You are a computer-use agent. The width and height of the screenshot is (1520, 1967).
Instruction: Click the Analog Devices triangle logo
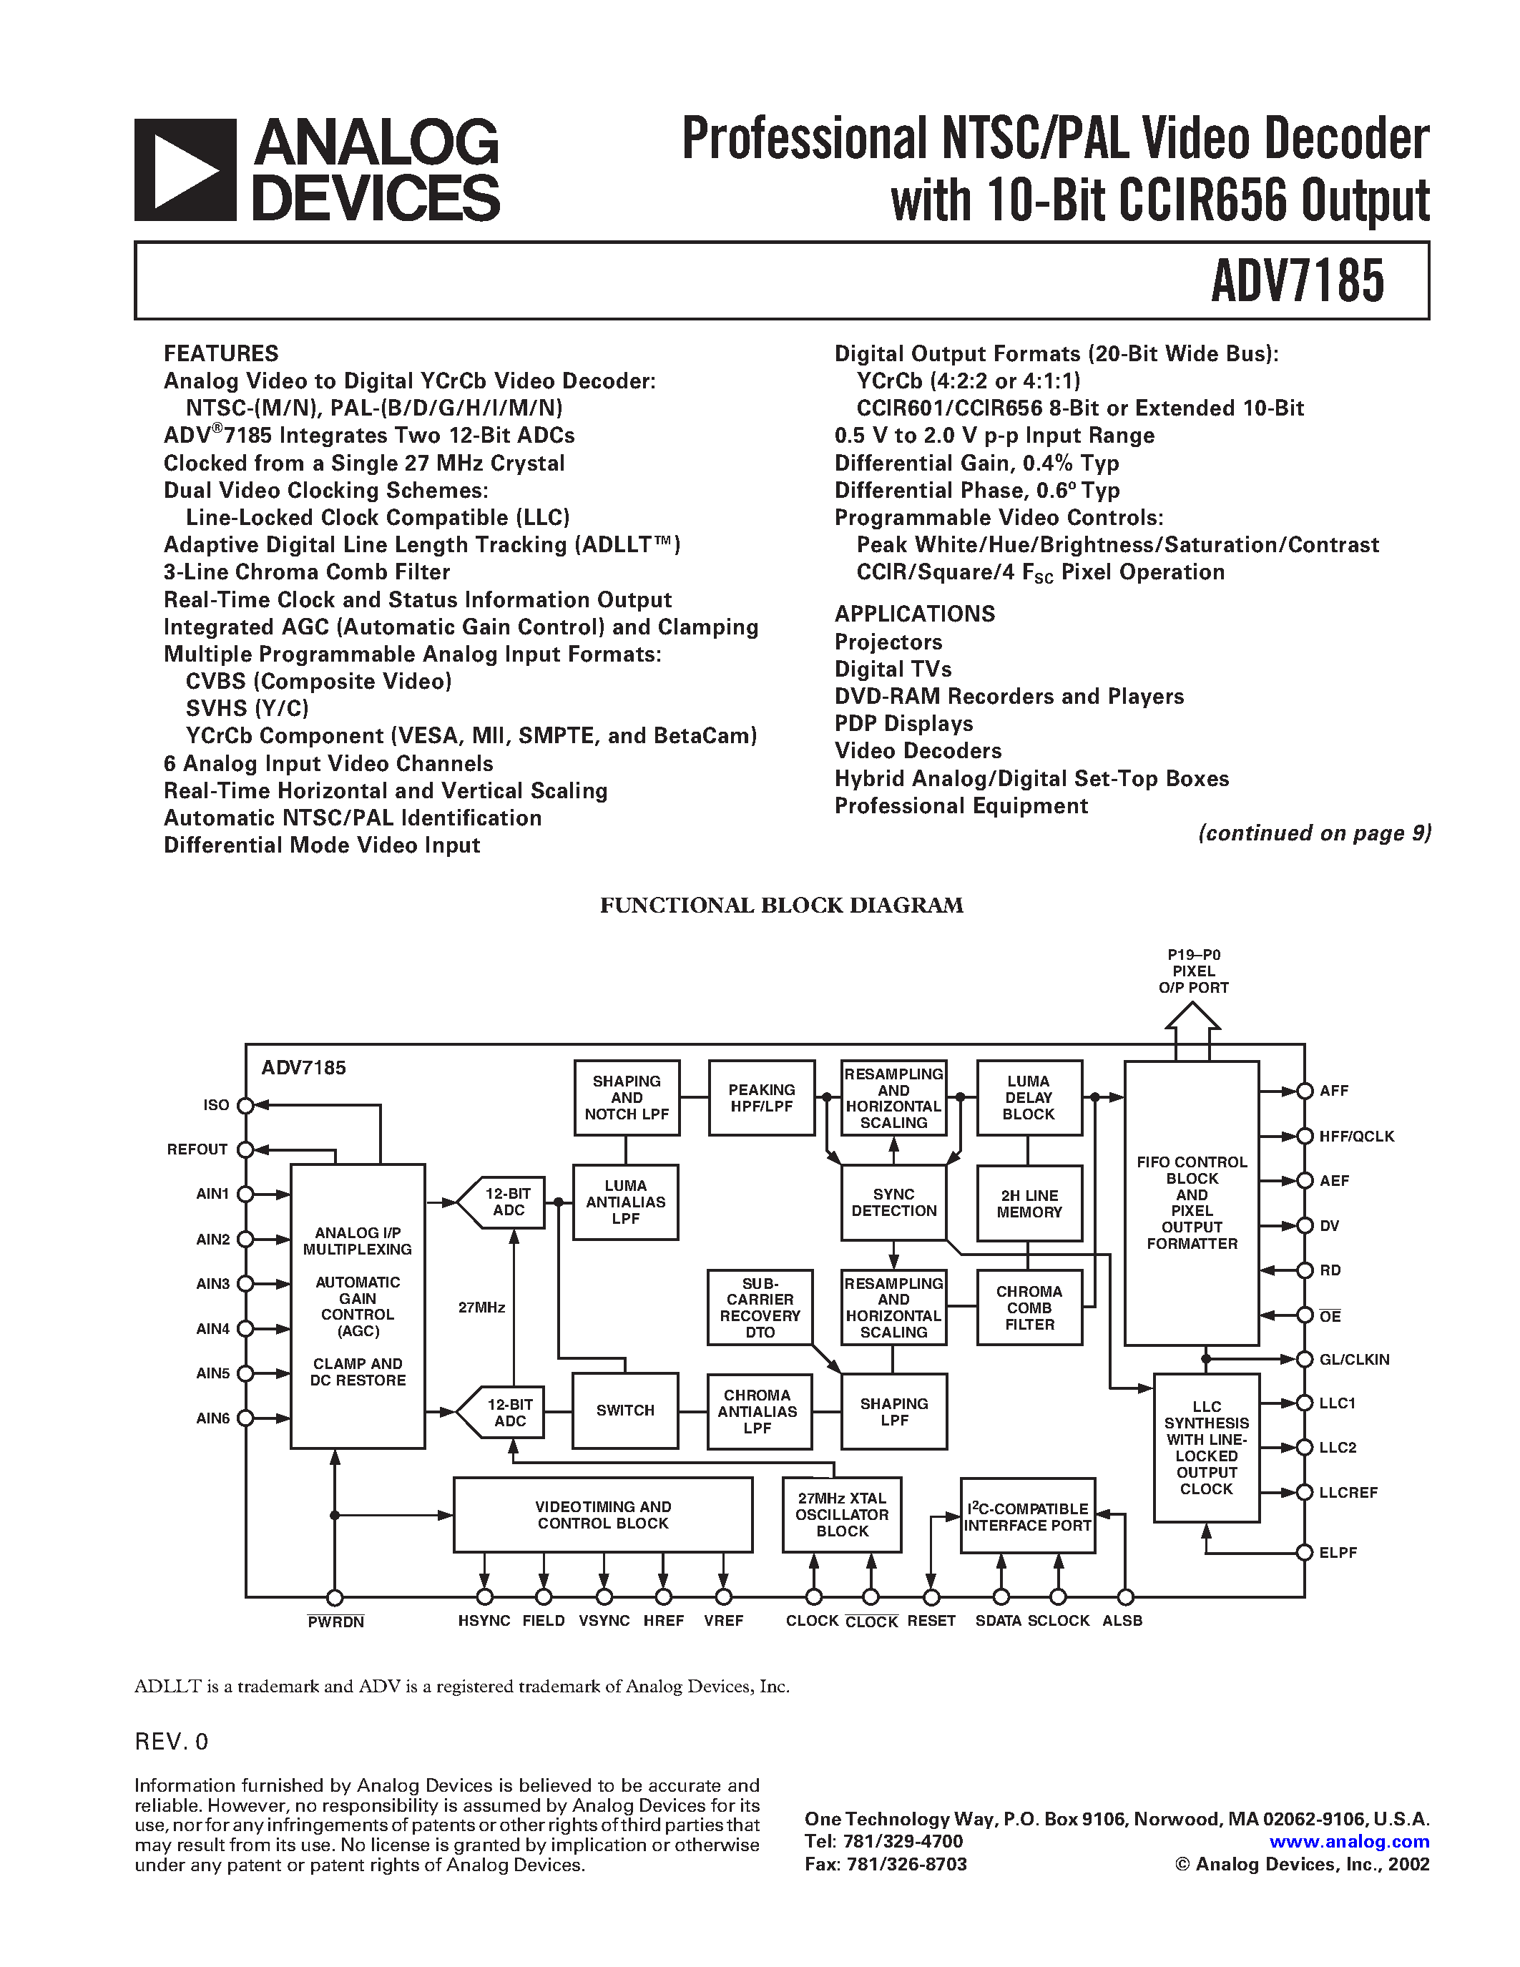click(185, 170)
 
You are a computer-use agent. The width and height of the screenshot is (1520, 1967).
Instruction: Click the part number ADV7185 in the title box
click(1297, 281)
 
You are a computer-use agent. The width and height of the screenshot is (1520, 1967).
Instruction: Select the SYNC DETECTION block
click(893, 1202)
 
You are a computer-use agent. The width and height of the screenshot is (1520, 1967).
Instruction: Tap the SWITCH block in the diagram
click(625, 1411)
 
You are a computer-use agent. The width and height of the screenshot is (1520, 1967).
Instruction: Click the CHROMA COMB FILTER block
click(1029, 1307)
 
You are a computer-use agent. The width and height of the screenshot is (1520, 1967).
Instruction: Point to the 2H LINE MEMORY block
click(1029, 1203)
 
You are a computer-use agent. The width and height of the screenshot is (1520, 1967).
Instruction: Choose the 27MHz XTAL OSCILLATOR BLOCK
click(842, 1514)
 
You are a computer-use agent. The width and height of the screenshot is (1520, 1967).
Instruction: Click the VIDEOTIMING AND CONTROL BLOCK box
click(602, 1514)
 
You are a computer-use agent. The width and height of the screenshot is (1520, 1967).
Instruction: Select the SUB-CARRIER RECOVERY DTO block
click(760, 1307)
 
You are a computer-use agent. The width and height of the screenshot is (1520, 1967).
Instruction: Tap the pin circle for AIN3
click(245, 1283)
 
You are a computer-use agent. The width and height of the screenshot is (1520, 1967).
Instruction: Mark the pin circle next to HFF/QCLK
click(1305, 1137)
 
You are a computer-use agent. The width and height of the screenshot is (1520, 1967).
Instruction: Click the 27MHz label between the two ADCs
click(482, 1307)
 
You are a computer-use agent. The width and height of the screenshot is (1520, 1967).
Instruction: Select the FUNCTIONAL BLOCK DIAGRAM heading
click(780, 905)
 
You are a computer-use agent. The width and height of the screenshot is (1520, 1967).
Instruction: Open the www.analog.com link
click(1349, 1842)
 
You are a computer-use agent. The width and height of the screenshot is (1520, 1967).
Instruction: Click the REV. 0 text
click(171, 1742)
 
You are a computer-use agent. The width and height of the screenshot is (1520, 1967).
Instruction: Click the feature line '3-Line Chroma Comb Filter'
click(306, 572)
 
